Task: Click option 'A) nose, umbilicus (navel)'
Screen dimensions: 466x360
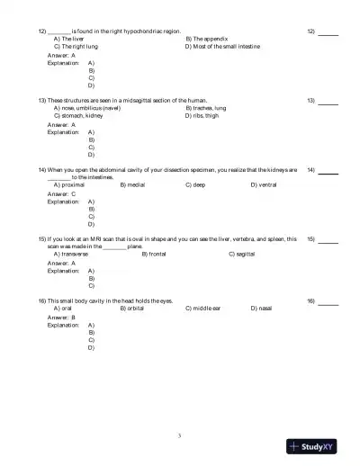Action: (x=87, y=108)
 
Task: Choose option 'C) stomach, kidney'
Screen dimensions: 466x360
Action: (x=78, y=115)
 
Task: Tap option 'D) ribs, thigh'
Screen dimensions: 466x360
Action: (x=202, y=115)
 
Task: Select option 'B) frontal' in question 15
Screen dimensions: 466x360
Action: (x=157, y=254)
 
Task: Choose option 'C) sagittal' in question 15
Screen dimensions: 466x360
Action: (x=244, y=254)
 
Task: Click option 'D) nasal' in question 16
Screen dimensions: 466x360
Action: (x=262, y=308)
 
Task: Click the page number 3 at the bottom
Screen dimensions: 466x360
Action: (x=180, y=436)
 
